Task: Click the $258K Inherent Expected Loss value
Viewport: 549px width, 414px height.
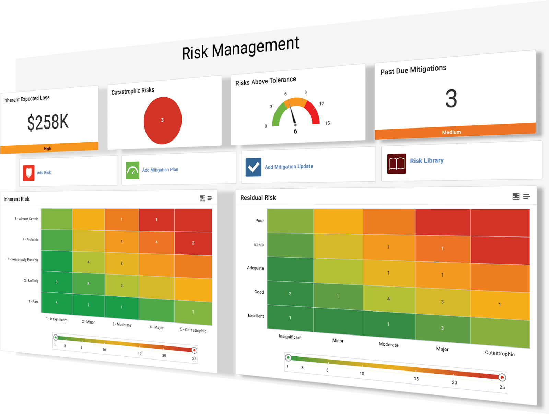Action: click(48, 122)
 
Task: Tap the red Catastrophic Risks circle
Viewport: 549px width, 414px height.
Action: click(163, 120)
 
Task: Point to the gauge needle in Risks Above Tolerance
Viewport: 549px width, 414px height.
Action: click(293, 115)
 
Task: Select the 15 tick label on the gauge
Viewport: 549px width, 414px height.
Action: click(327, 123)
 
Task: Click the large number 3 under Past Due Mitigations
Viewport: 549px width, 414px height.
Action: click(451, 99)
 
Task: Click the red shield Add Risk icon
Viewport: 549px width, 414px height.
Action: click(29, 173)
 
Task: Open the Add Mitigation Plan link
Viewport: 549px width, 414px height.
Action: click(160, 170)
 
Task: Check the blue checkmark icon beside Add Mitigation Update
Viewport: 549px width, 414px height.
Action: click(254, 167)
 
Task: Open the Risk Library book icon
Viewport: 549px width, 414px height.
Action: click(397, 163)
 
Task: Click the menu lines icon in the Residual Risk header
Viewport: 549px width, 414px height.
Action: click(527, 196)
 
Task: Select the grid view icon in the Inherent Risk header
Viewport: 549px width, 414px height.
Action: click(202, 198)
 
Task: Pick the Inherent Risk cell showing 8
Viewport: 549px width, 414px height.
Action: click(88, 284)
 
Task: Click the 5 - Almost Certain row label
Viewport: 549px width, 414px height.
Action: click(27, 219)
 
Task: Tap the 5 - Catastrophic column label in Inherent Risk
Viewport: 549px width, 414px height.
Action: click(193, 330)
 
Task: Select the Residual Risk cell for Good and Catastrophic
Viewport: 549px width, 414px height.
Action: click(500, 305)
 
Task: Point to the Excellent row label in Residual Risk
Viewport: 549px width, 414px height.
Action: click(256, 316)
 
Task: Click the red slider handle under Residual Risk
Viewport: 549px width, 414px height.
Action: click(502, 378)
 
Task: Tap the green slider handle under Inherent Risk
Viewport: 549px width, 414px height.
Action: click(56, 338)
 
